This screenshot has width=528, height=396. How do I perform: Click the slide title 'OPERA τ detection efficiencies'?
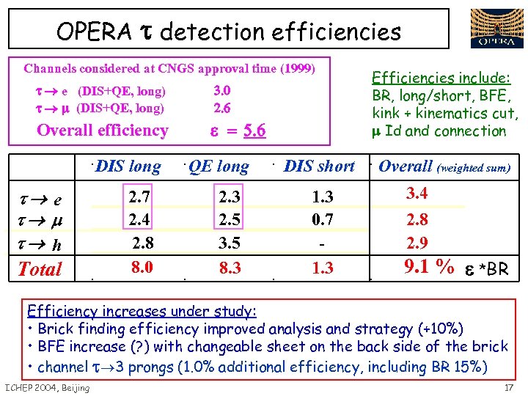(229, 32)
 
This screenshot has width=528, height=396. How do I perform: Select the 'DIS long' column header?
(128, 166)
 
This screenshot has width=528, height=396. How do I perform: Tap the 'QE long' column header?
(218, 166)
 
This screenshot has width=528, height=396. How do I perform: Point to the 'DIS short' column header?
(319, 166)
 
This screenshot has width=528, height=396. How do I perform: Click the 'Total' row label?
(40, 269)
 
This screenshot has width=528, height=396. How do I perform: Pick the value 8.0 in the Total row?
(141, 268)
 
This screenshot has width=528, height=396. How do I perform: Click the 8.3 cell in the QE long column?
(230, 269)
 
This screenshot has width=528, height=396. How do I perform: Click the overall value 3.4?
(417, 194)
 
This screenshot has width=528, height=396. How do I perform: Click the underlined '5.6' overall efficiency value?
(254, 131)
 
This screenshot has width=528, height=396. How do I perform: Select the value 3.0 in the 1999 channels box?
(221, 91)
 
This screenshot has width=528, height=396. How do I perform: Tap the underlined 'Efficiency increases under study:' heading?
(142, 310)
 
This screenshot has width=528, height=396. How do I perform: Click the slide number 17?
(509, 387)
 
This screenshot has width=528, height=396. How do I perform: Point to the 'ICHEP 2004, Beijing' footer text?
(47, 387)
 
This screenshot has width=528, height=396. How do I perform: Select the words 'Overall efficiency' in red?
(102, 131)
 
